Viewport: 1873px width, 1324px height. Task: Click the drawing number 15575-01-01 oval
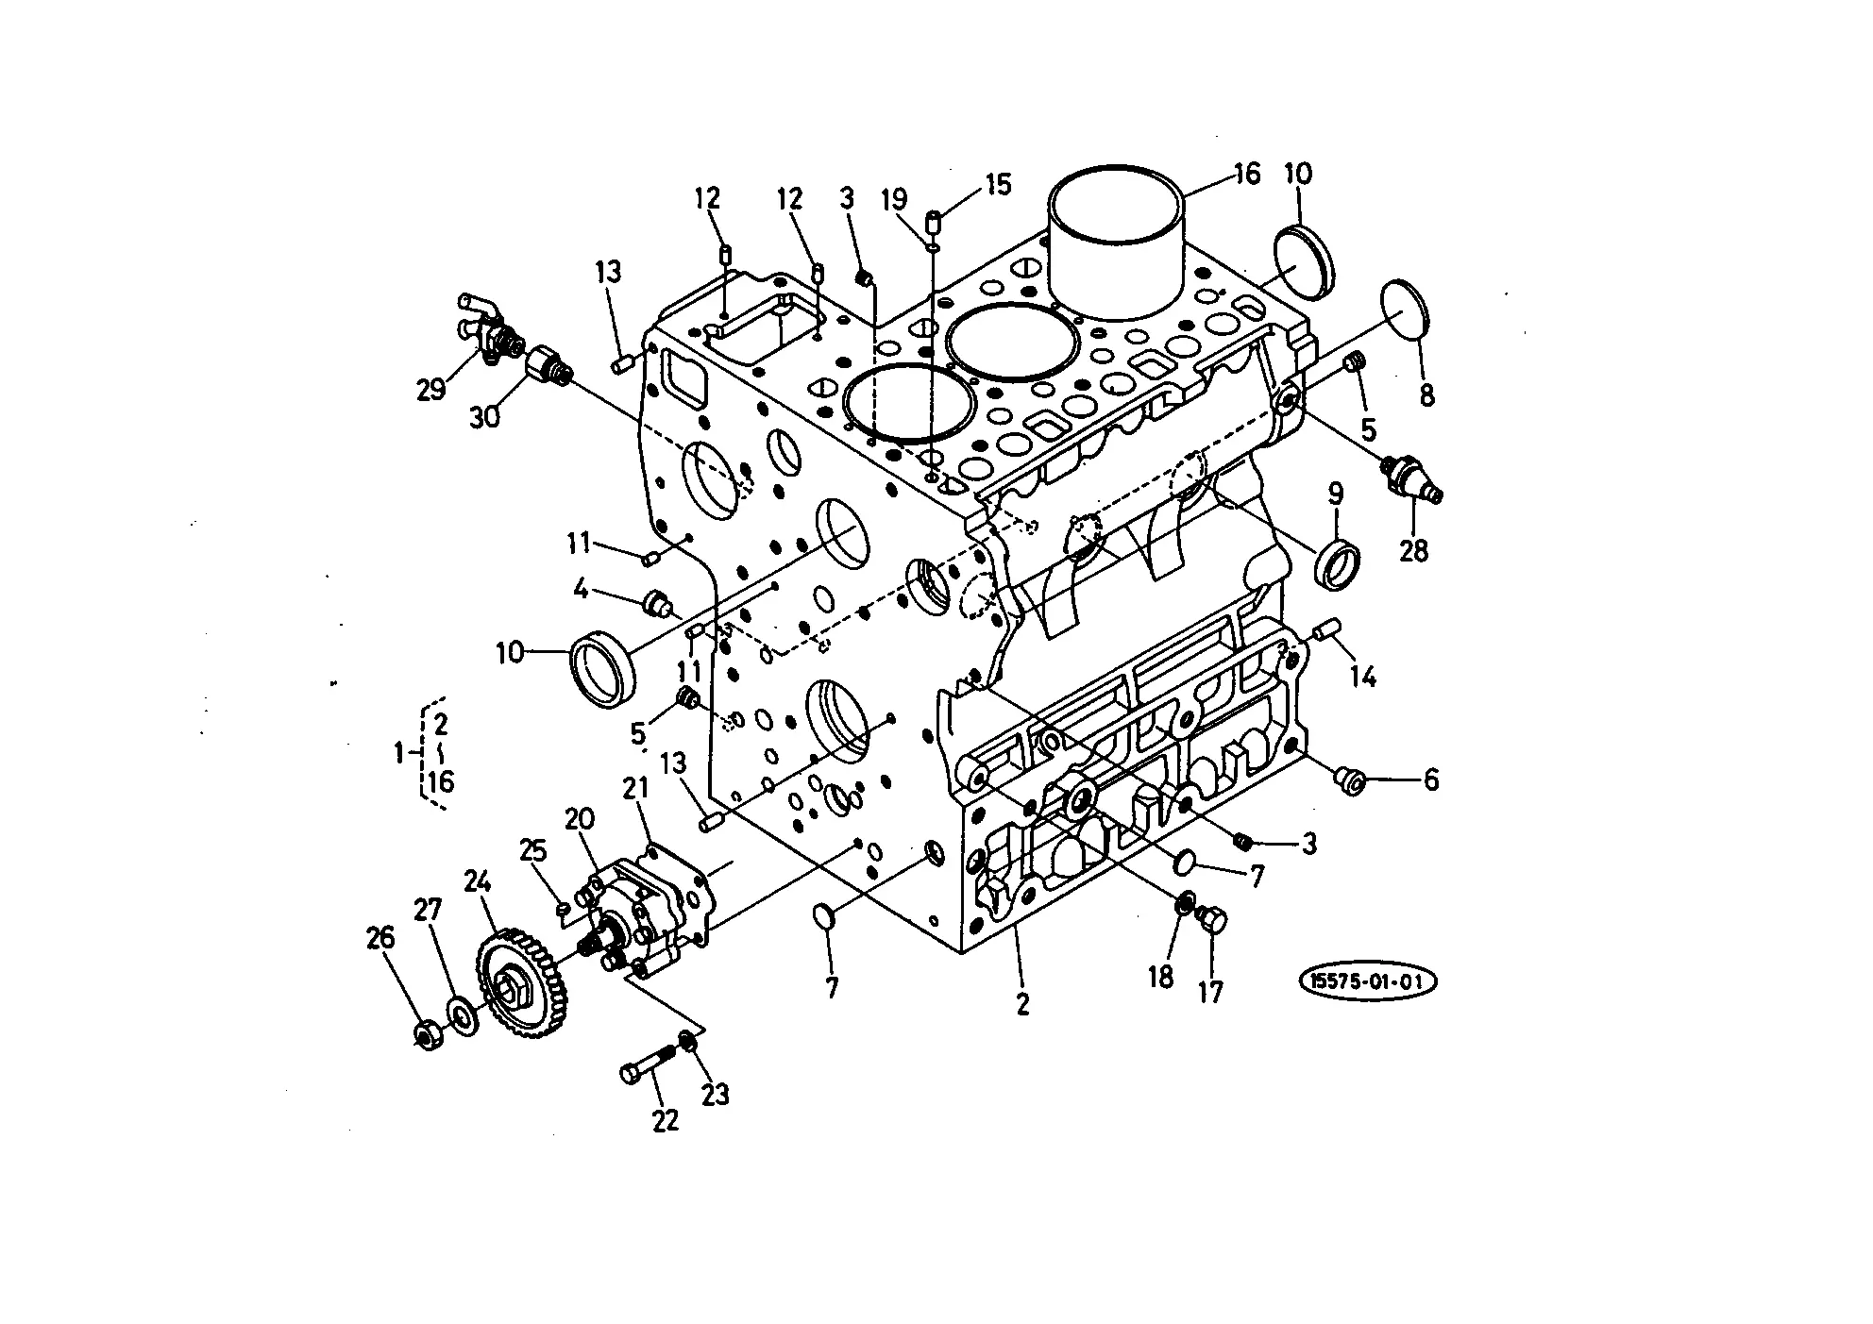pos(1369,982)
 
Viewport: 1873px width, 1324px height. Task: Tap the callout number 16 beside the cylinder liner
pos(1246,175)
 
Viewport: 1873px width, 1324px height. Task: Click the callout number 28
pos(1413,550)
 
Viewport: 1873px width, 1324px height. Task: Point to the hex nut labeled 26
pos(426,1034)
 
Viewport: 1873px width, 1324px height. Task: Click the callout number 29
pos(431,388)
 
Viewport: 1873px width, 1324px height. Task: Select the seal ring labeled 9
pos(1339,564)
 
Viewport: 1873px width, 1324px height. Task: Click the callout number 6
pos(1431,780)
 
